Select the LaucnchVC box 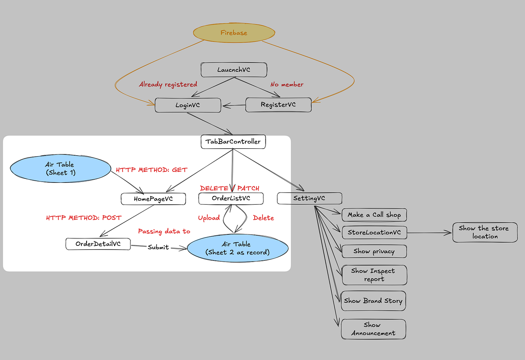pos(234,70)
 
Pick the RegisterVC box pos(278,105)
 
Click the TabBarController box pos(233,142)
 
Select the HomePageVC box pos(153,199)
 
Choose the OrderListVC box pos(231,199)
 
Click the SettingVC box pos(309,199)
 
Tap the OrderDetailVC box pos(98,244)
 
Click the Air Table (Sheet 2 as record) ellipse pos(238,248)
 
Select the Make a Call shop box pos(374,215)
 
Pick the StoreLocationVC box pos(374,232)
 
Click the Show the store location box pos(485,232)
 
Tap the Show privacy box pos(374,252)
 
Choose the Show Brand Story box pos(373,301)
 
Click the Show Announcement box pos(373,329)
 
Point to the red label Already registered pos(168,84)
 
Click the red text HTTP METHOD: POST pos(84,217)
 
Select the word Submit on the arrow pos(158,247)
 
